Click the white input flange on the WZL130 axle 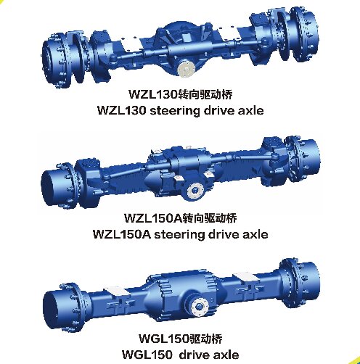(x=186, y=69)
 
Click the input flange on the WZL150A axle (x=195, y=191)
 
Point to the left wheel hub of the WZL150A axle (x=58, y=185)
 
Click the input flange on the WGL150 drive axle (x=200, y=307)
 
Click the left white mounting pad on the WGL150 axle (x=116, y=291)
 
